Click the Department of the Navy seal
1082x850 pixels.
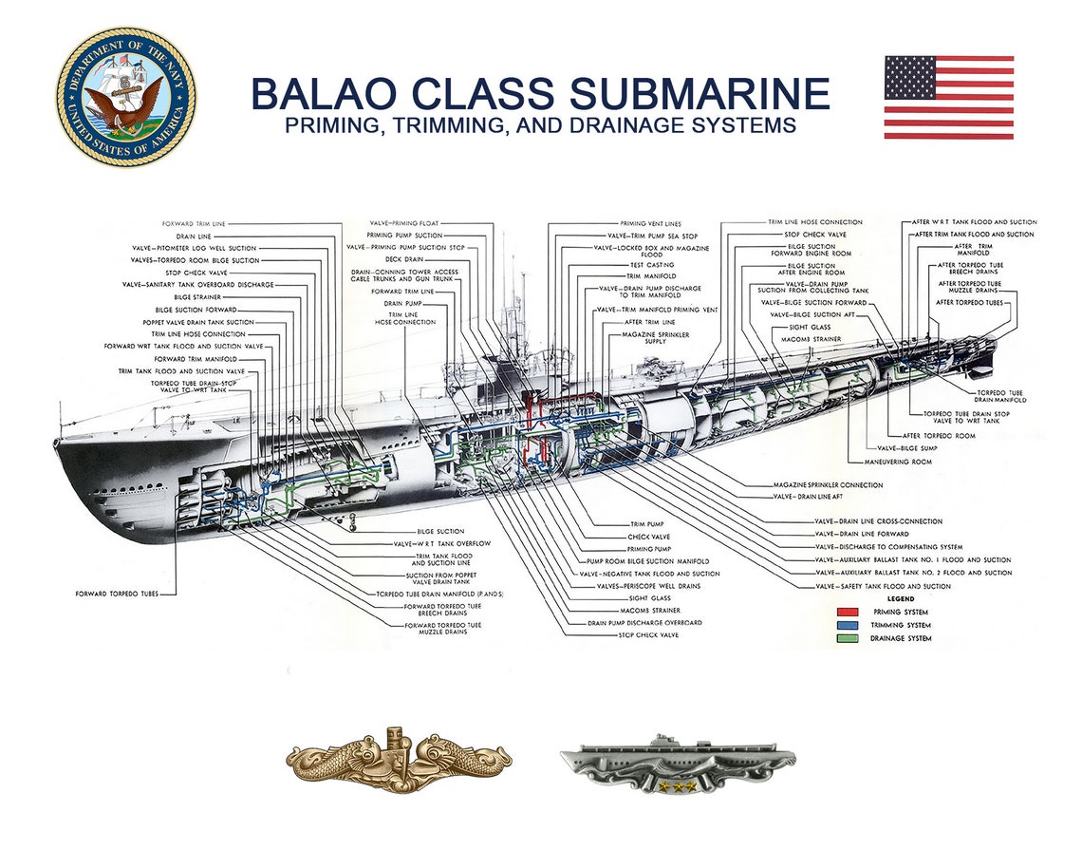point(126,98)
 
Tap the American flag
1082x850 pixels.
point(948,97)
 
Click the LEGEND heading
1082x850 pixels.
point(900,599)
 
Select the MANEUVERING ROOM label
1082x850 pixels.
point(897,462)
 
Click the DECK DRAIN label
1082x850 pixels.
point(406,259)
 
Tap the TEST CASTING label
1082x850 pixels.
point(653,265)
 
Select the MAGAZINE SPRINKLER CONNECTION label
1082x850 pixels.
point(828,484)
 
